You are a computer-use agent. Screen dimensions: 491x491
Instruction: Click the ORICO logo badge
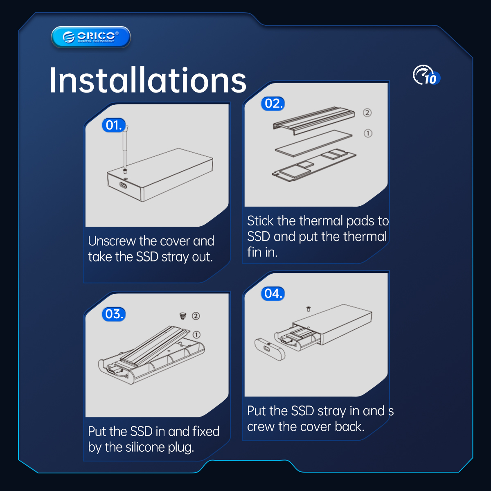pyautogui.click(x=91, y=37)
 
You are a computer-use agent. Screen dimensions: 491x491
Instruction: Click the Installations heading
pyautogui.click(x=148, y=80)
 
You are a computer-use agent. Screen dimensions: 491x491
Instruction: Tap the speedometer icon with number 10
pyautogui.click(x=426, y=75)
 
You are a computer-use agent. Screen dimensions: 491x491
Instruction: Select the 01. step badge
pyautogui.click(x=114, y=125)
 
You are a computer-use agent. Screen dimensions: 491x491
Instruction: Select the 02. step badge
pyautogui.click(x=273, y=104)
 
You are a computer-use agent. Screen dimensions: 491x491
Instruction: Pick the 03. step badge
pyautogui.click(x=114, y=314)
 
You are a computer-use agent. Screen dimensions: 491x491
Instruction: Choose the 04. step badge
pyautogui.click(x=273, y=293)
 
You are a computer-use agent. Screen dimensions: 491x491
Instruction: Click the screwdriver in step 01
pyautogui.click(x=125, y=148)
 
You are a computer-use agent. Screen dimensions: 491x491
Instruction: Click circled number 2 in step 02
pyautogui.click(x=367, y=113)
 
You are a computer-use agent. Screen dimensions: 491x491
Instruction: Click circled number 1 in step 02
pyautogui.click(x=368, y=133)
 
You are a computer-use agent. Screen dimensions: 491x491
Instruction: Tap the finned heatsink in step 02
pyautogui.click(x=314, y=120)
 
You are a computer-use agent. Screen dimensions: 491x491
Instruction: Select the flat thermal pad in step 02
pyautogui.click(x=314, y=143)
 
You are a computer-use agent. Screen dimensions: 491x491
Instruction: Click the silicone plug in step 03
pyautogui.click(x=182, y=316)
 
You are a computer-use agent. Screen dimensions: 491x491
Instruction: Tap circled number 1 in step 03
pyautogui.click(x=196, y=335)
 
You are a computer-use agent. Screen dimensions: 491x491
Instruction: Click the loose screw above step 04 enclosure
pyautogui.click(x=309, y=309)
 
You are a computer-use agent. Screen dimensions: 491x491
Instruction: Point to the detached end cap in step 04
pyautogui.click(x=270, y=349)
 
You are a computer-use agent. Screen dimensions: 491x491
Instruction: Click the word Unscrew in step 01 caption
pyautogui.click(x=112, y=241)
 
